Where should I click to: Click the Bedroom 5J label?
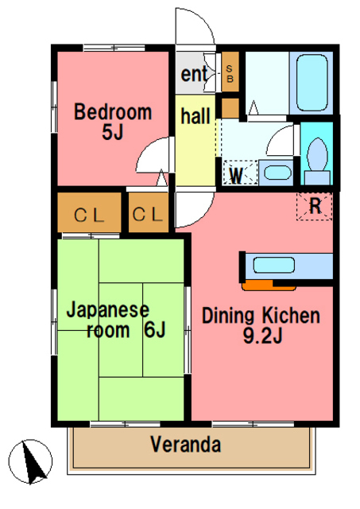[x=112, y=122]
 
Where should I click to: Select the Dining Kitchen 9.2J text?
[x=261, y=325]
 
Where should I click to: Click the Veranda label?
[x=185, y=445]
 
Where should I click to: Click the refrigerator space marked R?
[x=315, y=206]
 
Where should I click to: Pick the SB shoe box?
[x=230, y=75]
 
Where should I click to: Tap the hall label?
[x=195, y=117]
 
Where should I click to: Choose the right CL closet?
[x=148, y=214]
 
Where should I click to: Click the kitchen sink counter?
[x=287, y=266]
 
